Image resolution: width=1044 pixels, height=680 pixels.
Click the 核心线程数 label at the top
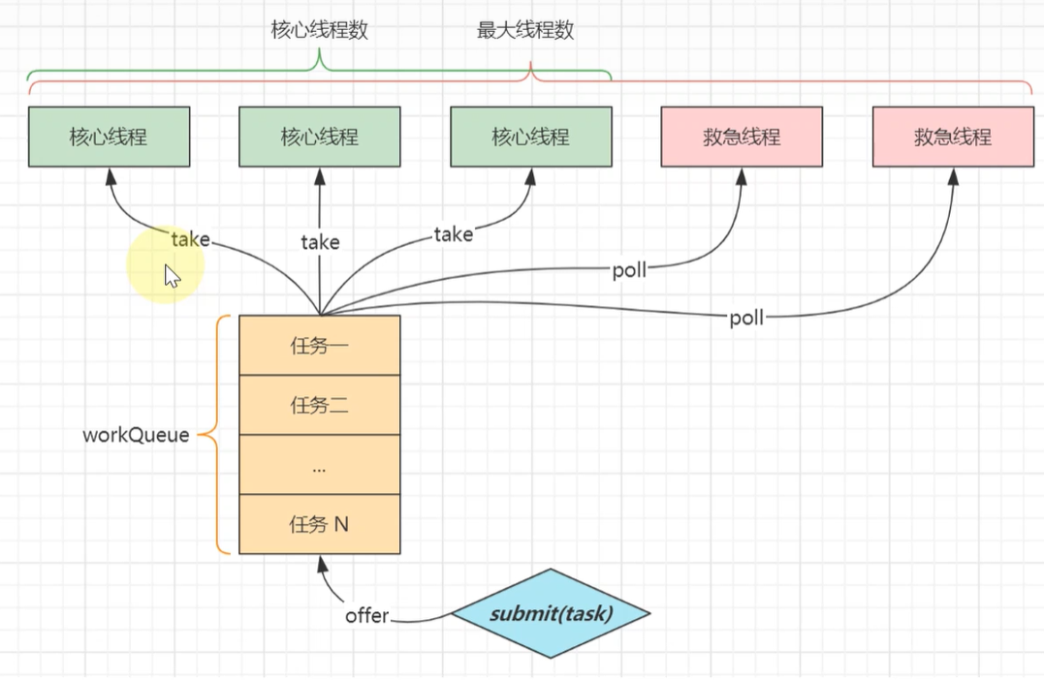click(320, 30)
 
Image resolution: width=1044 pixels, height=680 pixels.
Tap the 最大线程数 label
click(525, 30)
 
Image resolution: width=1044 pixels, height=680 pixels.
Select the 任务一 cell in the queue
click(320, 345)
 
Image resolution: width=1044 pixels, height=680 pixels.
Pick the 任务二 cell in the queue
click(320, 405)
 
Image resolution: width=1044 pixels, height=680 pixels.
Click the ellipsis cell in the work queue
click(320, 464)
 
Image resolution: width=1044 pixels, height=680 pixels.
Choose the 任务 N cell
click(320, 524)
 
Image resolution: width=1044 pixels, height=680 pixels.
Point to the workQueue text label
click(136, 435)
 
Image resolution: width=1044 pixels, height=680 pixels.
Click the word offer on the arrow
click(366, 615)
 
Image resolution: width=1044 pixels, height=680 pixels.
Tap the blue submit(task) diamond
click(552, 613)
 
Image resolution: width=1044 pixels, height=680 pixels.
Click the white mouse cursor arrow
click(172, 275)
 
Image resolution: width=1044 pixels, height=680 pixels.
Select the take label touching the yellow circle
click(190, 239)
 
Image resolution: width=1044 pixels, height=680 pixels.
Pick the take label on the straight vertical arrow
click(320, 241)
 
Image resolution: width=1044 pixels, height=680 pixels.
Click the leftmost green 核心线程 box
click(110, 137)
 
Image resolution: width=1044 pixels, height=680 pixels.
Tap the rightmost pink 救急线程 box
click(954, 137)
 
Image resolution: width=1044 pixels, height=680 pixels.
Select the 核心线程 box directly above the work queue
click(320, 137)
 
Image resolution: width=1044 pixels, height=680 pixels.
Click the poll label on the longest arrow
click(746, 318)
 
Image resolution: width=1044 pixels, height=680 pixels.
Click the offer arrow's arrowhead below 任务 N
click(323, 563)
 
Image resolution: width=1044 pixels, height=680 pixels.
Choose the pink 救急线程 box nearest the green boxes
click(742, 137)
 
